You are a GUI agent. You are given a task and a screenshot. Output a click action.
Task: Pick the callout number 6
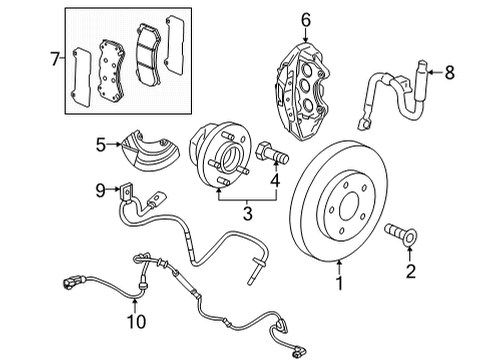tap(306, 18)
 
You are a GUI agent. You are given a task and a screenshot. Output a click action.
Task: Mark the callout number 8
tap(449, 71)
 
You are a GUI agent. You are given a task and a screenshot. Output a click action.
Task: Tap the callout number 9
tap(100, 189)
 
